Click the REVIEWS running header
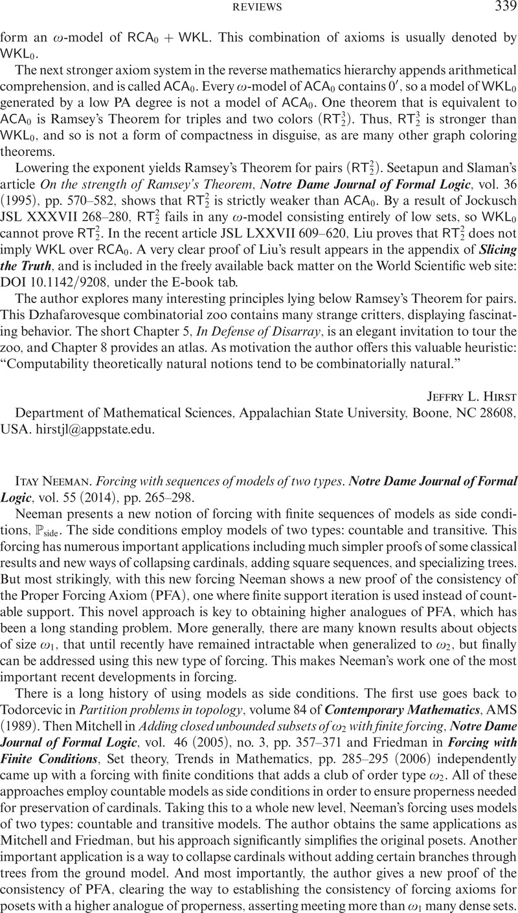259,8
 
